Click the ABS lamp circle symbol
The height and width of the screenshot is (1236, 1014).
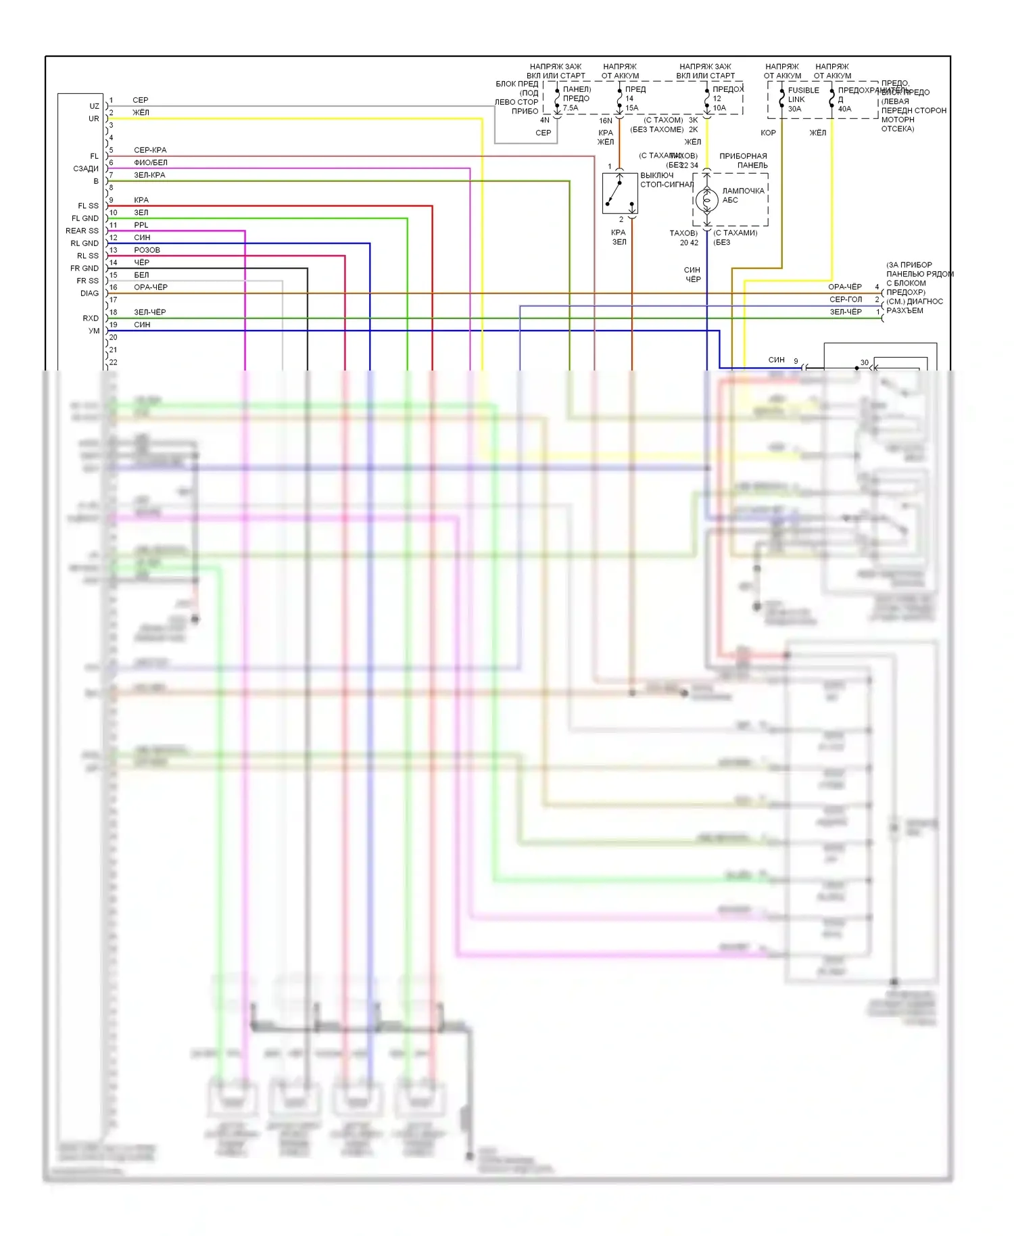(706, 200)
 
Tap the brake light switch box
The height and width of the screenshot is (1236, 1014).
(620, 193)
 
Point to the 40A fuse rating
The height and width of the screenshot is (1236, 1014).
(844, 109)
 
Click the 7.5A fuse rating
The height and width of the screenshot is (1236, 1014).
(571, 108)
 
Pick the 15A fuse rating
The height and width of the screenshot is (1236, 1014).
(631, 108)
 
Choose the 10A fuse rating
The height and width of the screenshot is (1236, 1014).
(719, 108)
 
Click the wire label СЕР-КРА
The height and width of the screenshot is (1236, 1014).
(150, 150)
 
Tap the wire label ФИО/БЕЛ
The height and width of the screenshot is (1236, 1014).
(150, 163)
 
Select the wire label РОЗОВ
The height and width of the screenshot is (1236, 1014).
(147, 250)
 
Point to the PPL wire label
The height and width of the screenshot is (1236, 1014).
(141, 225)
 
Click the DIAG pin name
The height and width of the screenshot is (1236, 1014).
(89, 293)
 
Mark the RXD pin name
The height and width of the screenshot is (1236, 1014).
(91, 318)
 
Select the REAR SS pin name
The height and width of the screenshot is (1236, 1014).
(82, 231)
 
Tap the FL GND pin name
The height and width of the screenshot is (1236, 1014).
(84, 218)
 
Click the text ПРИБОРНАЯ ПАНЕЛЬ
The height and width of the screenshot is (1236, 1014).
(743, 161)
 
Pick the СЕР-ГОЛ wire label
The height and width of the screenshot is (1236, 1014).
(845, 300)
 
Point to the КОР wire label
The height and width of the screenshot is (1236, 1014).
(768, 133)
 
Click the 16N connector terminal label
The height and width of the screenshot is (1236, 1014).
(606, 121)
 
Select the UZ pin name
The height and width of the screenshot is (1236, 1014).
(94, 106)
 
